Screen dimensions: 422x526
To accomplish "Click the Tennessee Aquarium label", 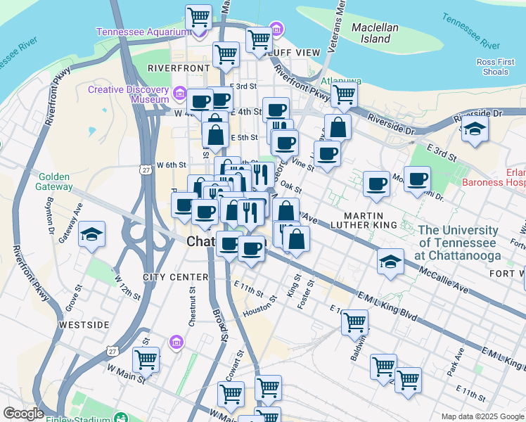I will tap(143, 32).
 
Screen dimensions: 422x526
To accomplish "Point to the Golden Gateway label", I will tap(53, 182).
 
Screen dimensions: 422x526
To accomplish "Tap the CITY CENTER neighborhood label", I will tap(176, 277).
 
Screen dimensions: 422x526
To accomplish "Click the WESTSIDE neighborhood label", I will tap(84, 325).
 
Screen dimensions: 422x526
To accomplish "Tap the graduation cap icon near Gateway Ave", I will tap(91, 234).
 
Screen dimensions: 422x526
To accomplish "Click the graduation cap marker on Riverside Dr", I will tap(475, 129).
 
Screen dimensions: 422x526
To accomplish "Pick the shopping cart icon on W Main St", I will tap(146, 359).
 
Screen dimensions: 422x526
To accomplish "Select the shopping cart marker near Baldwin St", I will tap(355, 322).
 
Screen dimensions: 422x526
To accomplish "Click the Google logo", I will tap(24, 414).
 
